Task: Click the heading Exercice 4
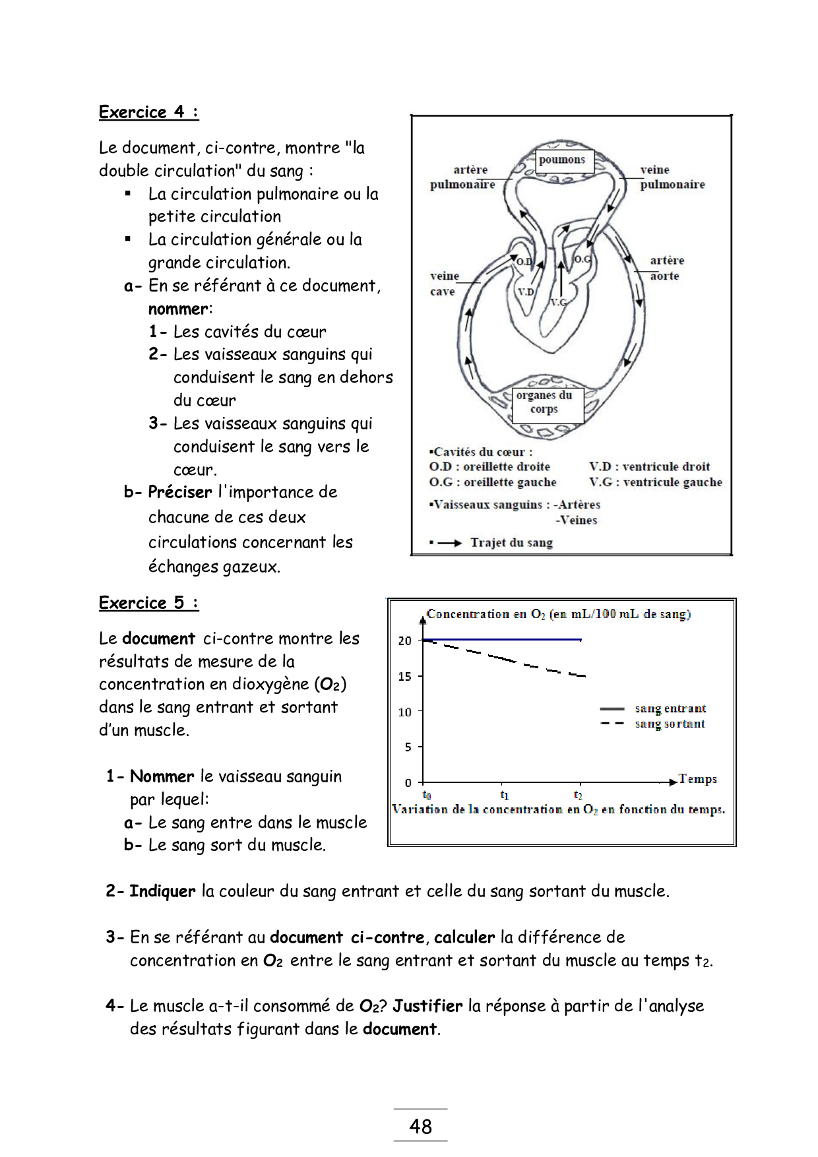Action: pos(148,112)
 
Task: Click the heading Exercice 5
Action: pos(148,603)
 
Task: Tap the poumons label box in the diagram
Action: pos(562,160)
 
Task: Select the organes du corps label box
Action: pos(545,402)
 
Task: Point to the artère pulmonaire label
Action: pos(463,177)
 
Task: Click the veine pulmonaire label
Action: pos(672,177)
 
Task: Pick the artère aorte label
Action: pos(666,268)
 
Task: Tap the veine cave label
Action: pos(444,284)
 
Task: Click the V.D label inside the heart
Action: pos(526,292)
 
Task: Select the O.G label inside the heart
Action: pos(582,259)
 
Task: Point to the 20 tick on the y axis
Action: pos(405,641)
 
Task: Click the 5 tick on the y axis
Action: pos(408,747)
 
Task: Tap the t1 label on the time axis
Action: pos(505,795)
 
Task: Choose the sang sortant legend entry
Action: pos(670,724)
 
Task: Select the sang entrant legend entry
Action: pos(670,708)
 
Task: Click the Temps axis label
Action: pos(697,779)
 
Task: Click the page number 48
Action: pos(421,1126)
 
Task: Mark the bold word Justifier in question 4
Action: pos(427,1006)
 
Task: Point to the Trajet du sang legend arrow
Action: pos(449,543)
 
